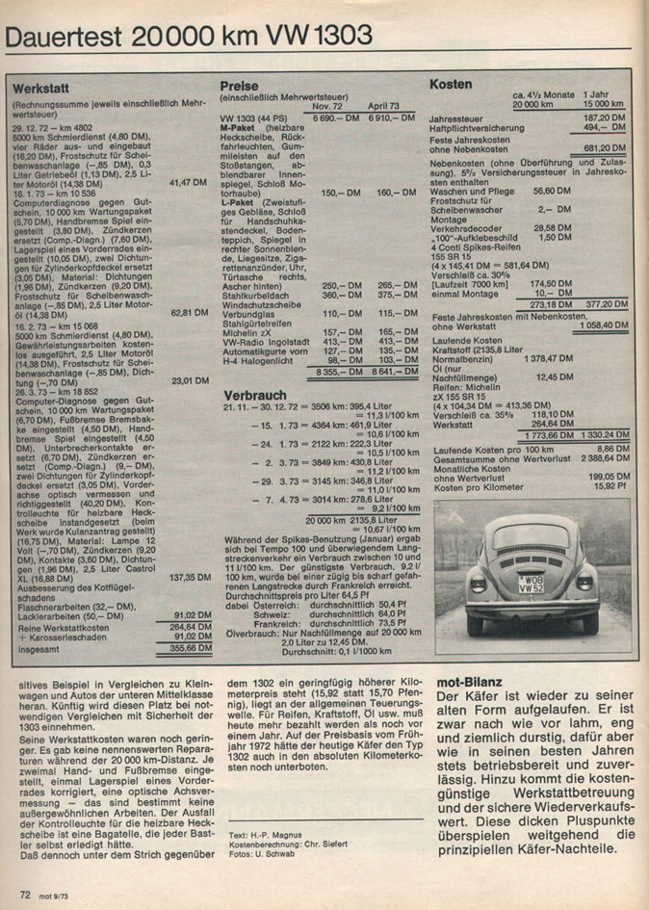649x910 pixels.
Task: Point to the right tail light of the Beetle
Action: point(584,582)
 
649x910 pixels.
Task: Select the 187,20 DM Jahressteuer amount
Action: point(605,117)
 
